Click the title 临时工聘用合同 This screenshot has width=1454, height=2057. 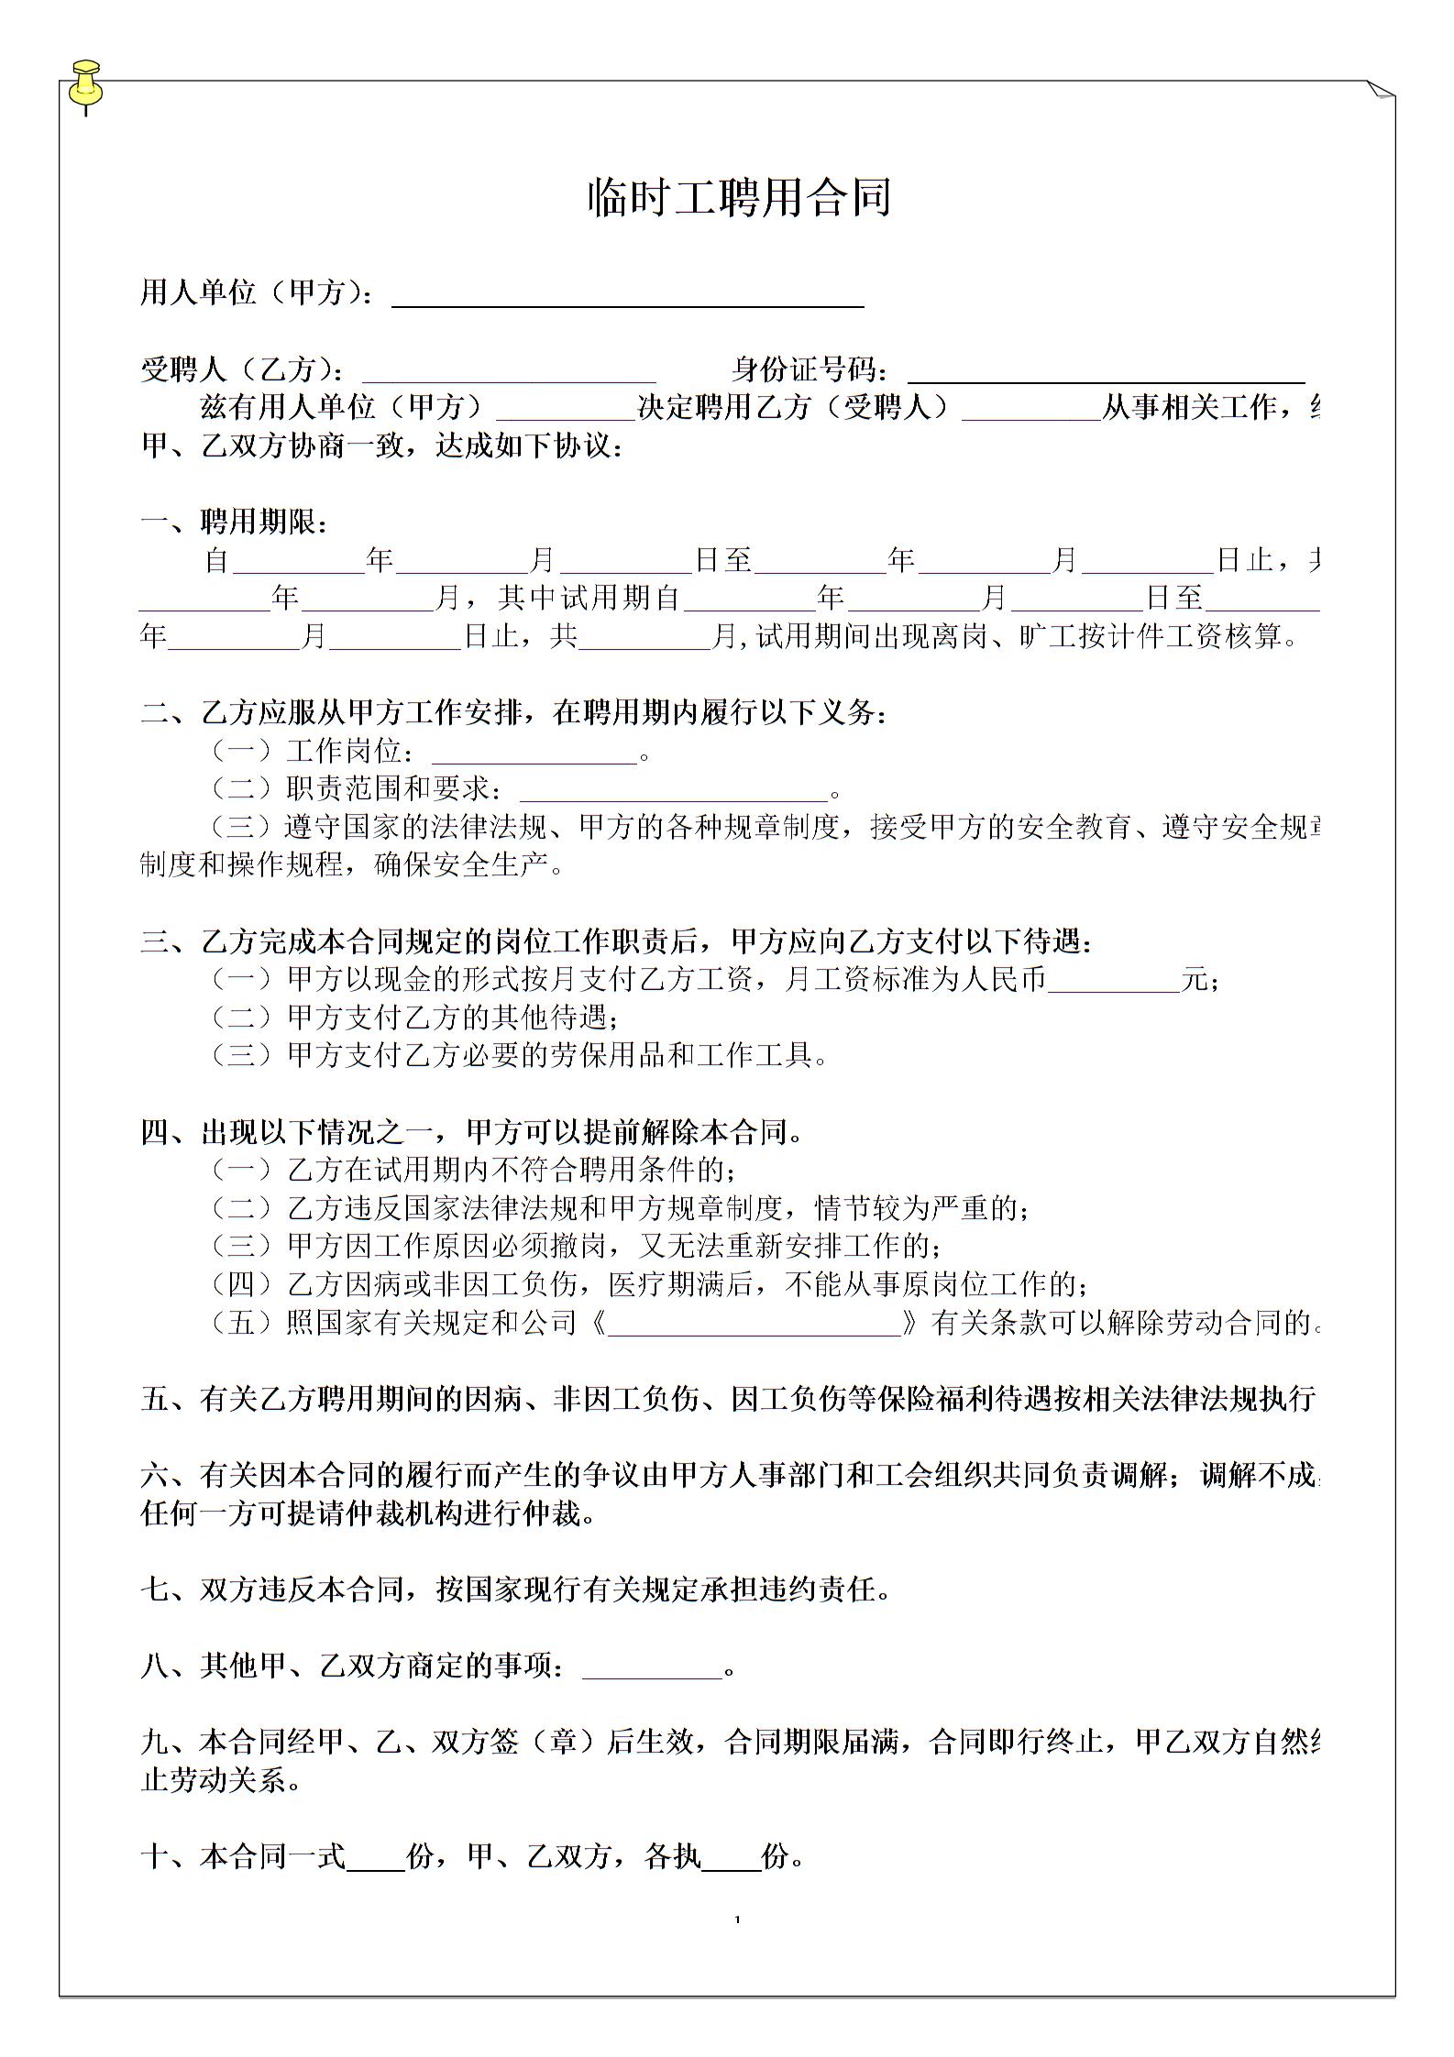tap(739, 197)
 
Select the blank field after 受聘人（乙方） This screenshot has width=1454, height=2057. tap(509, 372)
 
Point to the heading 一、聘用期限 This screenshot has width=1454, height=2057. tap(234, 522)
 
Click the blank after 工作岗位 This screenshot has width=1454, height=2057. tap(534, 753)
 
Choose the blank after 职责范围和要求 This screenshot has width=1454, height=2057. tap(674, 791)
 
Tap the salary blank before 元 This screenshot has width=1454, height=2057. tap(1113, 982)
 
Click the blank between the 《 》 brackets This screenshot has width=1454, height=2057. tap(754, 1324)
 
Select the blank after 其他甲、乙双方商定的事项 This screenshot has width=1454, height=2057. tap(652, 1667)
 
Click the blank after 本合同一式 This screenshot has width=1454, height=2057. tap(376, 1858)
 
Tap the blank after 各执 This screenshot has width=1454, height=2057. tap(731, 1858)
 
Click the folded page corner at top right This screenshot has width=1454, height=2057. tap(1380, 90)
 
